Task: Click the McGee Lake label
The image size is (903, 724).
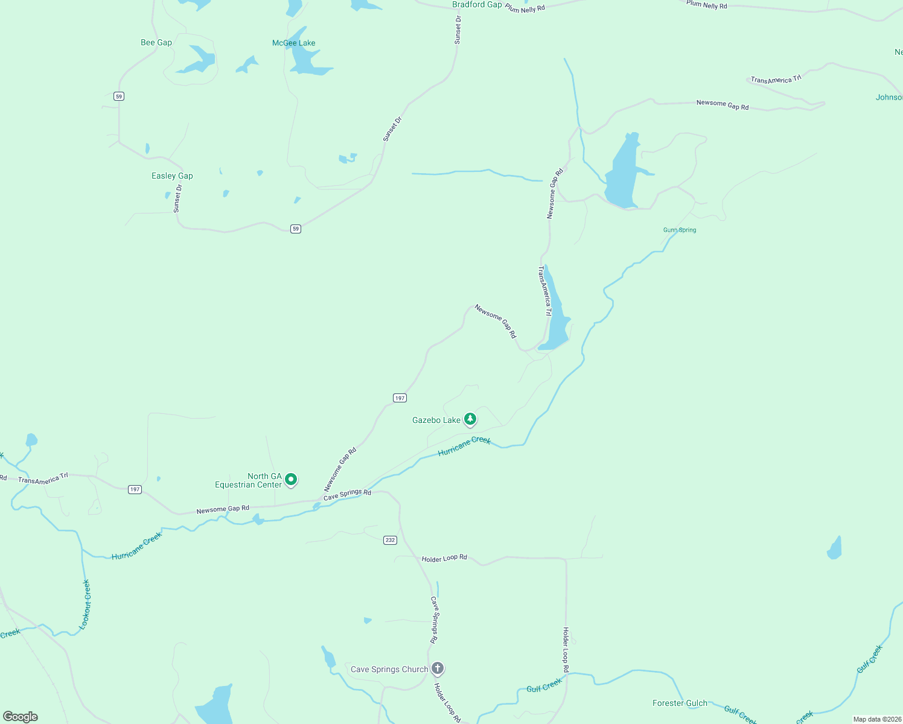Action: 293,43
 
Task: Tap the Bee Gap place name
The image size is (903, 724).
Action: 156,42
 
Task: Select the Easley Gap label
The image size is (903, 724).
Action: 172,176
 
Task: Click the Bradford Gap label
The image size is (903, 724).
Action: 477,5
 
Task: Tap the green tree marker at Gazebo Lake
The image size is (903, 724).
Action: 470,419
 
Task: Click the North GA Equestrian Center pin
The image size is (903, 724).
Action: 291,480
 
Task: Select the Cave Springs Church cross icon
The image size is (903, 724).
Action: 438,668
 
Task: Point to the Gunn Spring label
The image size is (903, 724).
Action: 680,230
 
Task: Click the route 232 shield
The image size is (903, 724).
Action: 390,540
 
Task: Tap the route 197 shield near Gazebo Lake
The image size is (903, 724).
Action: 400,398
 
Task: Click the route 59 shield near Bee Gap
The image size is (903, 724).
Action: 119,96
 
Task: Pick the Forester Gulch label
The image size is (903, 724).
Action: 680,703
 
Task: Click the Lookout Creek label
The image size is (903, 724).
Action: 86,605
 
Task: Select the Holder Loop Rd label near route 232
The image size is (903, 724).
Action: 444,558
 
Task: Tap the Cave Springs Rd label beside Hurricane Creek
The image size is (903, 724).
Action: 347,495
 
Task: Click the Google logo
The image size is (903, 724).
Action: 20,716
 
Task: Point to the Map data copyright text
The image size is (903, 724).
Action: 877,719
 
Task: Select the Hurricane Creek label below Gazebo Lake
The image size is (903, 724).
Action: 464,446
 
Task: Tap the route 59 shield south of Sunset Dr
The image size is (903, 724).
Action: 295,229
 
